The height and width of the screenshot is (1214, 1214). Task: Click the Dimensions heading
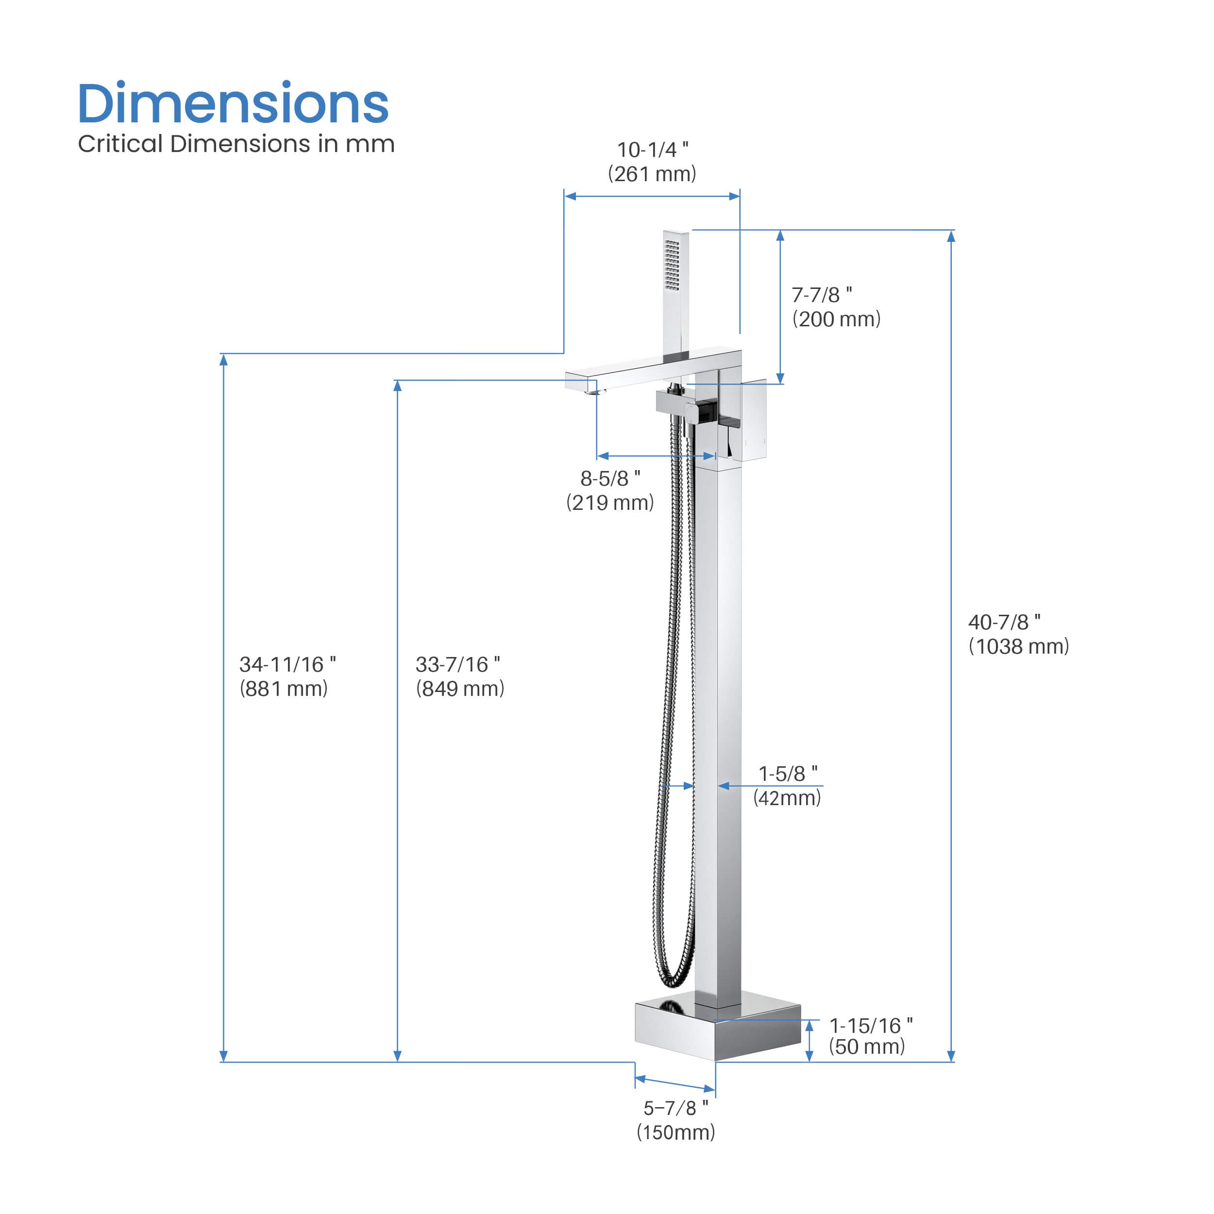pyautogui.click(x=233, y=104)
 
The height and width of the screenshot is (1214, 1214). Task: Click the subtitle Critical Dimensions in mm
pyautogui.click(x=236, y=144)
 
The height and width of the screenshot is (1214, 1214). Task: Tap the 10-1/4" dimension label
pyautogui.click(x=652, y=150)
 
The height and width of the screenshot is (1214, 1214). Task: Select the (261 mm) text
pyautogui.click(x=652, y=174)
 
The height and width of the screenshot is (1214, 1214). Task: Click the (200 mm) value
pyautogui.click(x=836, y=319)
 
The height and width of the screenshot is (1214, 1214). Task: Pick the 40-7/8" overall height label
pyautogui.click(x=1004, y=622)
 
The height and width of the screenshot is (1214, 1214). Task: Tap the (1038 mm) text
pyautogui.click(x=1019, y=647)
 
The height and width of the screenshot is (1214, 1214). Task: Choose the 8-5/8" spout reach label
pyautogui.click(x=610, y=479)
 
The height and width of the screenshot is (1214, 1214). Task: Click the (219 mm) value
pyautogui.click(x=610, y=503)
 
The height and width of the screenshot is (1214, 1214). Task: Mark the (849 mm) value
pyautogui.click(x=460, y=689)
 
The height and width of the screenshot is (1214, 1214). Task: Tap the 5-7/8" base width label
pyautogui.click(x=675, y=1108)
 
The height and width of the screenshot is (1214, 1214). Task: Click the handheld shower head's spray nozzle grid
pyautogui.click(x=672, y=265)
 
